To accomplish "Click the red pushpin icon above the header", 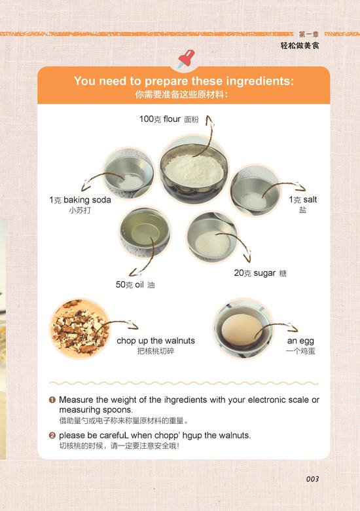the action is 186,58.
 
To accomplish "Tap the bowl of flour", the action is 194,170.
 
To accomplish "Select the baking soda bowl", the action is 128,173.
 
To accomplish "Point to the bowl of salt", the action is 255,191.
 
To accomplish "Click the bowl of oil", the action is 145,233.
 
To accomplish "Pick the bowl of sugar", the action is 212,237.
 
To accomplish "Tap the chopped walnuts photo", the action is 80,328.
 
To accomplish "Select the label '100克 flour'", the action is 160,119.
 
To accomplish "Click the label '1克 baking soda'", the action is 80,200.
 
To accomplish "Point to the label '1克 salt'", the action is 302,199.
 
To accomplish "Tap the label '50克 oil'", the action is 130,284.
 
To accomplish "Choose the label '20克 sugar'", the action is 255,273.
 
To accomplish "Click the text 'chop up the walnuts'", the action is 156,341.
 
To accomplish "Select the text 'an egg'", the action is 300,341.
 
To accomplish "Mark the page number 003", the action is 312,479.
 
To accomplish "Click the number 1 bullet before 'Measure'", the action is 52,400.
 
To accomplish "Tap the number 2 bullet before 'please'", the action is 52,436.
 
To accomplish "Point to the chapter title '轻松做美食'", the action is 300,45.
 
